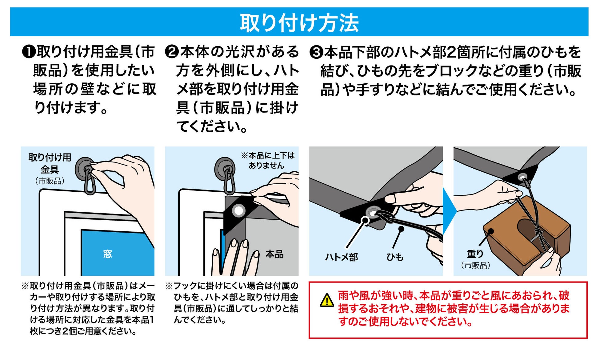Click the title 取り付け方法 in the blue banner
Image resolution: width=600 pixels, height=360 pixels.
pyautogui.click(x=299, y=23)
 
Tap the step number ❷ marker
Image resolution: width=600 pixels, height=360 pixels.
pyautogui.click(x=172, y=52)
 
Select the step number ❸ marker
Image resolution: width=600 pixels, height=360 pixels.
pyautogui.click(x=316, y=52)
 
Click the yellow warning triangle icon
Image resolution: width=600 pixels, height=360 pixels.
pyautogui.click(x=327, y=300)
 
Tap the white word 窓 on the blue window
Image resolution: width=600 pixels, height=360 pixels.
pyautogui.click(x=107, y=254)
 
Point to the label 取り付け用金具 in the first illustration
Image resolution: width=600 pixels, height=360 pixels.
pyautogui.click(x=50, y=163)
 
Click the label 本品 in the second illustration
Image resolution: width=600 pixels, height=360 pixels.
pyautogui.click(x=274, y=254)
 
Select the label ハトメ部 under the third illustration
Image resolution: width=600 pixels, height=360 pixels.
pyautogui.click(x=342, y=257)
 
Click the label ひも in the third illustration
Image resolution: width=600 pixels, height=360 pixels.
pyautogui.click(x=395, y=257)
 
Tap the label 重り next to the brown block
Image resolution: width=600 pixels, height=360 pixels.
pyautogui.click(x=475, y=254)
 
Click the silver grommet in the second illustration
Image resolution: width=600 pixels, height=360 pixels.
pyautogui.click(x=239, y=211)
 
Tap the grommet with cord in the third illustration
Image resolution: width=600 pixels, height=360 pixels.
pyautogui.click(x=372, y=212)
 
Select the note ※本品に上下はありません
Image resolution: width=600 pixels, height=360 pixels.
pyautogui.click(x=267, y=160)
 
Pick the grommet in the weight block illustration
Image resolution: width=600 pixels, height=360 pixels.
pyautogui.click(x=522, y=177)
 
